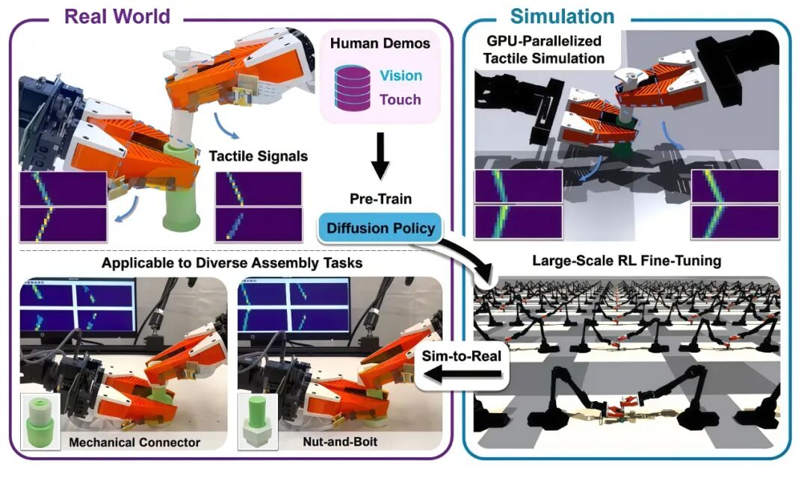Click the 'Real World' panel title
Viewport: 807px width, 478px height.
117,16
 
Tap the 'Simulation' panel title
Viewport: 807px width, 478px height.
562,16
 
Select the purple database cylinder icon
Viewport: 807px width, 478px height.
353,87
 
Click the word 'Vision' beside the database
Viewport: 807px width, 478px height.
401,75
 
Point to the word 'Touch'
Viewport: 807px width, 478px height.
401,99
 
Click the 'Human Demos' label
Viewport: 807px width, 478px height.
380,43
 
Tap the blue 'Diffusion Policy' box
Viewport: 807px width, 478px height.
380,228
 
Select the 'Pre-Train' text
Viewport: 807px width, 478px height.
381,199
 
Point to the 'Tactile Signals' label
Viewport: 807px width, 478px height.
259,156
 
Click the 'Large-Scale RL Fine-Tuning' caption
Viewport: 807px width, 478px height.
626,261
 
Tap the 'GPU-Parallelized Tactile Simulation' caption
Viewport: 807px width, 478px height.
544,49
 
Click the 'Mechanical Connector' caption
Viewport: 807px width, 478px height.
134,442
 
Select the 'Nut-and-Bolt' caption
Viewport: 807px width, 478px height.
340,441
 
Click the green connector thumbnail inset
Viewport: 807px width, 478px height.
40,421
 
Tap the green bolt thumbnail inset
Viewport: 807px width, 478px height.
258,421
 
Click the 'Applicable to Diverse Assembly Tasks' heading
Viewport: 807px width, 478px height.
232,263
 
